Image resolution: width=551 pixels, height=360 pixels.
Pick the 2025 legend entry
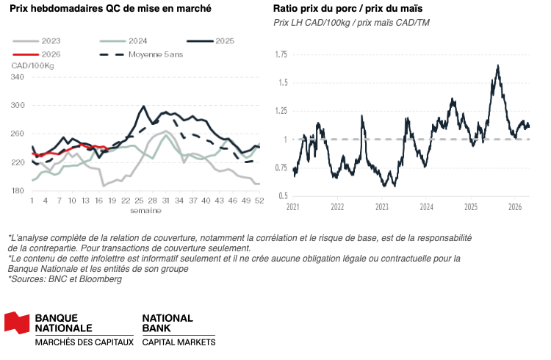220,41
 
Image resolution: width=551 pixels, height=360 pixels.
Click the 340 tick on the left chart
18,77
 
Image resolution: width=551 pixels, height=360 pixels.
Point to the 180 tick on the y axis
18,191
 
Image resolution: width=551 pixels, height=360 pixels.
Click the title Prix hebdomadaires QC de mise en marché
110,9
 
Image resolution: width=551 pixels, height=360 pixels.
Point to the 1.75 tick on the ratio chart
280,55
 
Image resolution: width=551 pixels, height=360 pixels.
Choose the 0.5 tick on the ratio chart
282,195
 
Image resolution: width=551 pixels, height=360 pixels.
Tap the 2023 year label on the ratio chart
382,208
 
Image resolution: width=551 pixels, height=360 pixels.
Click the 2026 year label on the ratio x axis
515,208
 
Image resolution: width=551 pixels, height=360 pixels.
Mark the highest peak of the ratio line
498,65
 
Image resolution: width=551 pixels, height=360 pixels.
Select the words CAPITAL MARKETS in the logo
179,342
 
